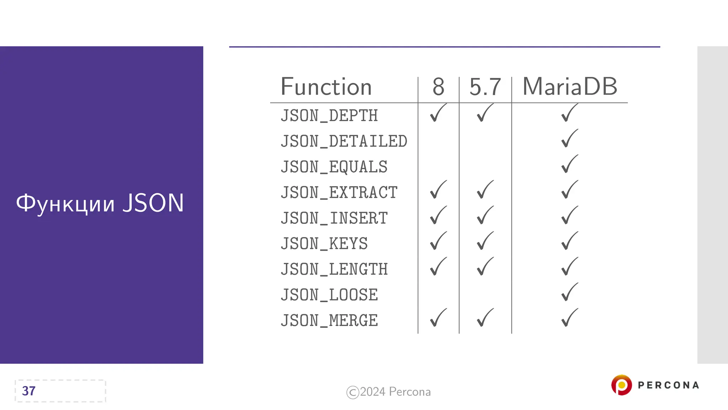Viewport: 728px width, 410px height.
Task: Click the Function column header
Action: (326, 87)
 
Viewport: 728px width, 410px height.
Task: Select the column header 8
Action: (438, 87)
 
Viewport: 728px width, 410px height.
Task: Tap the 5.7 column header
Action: (485, 87)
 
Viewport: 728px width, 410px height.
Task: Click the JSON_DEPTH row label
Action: (329, 116)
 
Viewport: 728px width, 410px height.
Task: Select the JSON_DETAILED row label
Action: (344, 141)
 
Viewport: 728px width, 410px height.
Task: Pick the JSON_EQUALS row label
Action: (334, 167)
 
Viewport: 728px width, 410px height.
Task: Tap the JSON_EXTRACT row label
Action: (339, 193)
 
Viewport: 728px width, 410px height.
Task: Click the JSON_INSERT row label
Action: (334, 218)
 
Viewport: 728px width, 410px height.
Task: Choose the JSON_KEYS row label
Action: (324, 244)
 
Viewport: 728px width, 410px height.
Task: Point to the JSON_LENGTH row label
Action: (334, 269)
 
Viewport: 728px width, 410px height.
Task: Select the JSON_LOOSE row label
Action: (329, 295)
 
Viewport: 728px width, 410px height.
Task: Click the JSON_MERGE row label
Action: (329, 321)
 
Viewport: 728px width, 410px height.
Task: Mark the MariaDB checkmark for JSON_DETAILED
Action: (569, 138)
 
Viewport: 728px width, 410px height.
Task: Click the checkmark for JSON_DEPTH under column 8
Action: (438, 113)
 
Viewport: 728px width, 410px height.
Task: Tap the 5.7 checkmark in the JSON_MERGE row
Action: (485, 318)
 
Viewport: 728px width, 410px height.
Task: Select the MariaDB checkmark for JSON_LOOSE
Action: (569, 292)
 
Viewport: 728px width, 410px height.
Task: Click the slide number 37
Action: (29, 391)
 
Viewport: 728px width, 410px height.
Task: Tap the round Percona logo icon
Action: (621, 385)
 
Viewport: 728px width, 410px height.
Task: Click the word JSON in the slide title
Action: (153, 203)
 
